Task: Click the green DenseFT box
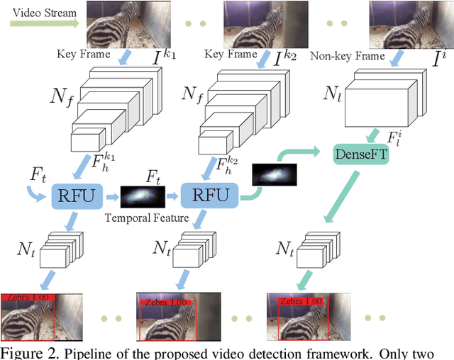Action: tap(360, 152)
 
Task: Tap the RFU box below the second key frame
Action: tap(208, 195)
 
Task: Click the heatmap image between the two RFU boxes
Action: tap(143, 195)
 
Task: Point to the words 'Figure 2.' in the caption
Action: tap(26, 353)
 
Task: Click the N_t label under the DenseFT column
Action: tap(286, 249)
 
